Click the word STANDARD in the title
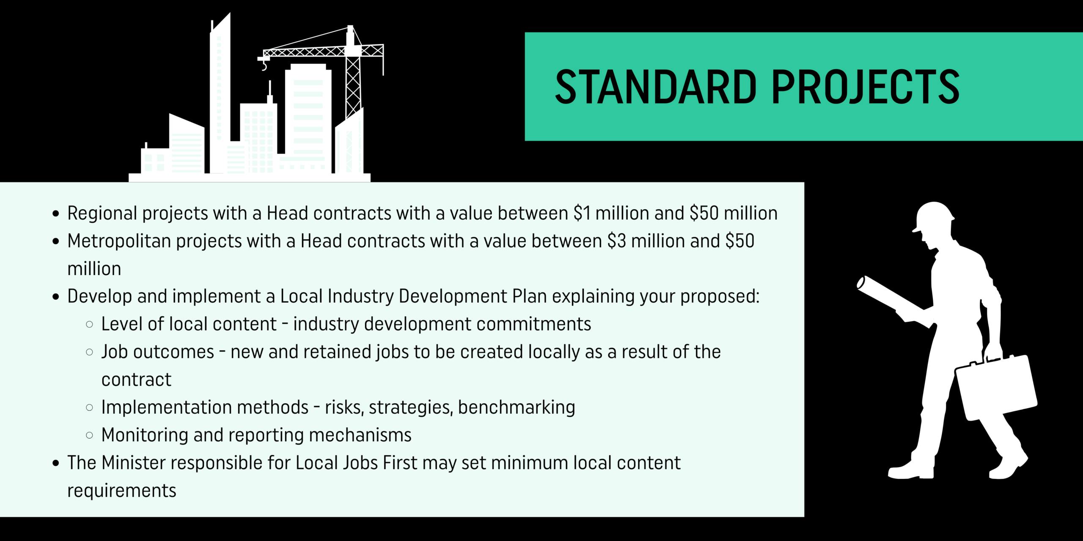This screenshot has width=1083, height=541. [656, 87]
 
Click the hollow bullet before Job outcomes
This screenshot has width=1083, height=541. [89, 352]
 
